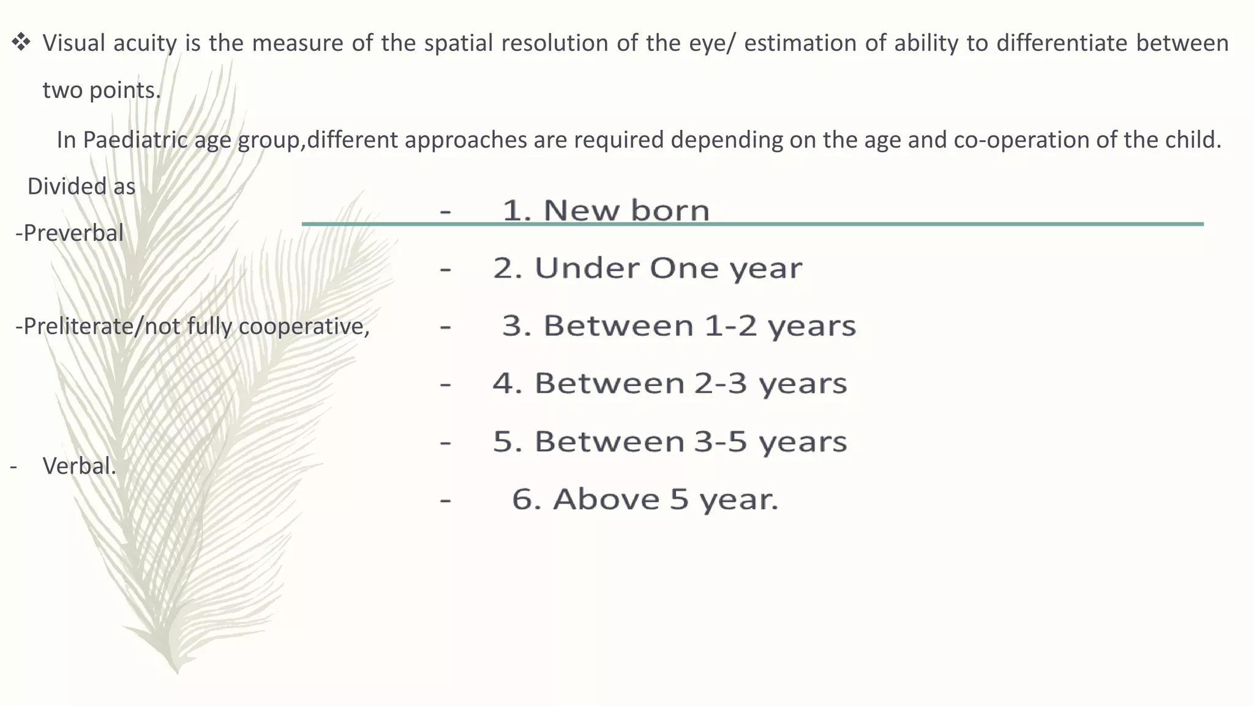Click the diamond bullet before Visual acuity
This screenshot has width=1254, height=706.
(21, 43)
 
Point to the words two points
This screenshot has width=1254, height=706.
(102, 90)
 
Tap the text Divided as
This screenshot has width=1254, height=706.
(81, 186)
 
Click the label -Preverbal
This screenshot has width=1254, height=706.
(69, 233)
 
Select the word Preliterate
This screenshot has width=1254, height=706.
(80, 326)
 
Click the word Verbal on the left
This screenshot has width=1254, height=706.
(78, 466)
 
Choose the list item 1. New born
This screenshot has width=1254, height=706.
(605, 210)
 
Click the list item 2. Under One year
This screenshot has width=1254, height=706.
(647, 268)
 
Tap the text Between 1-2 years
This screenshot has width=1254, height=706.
(699, 325)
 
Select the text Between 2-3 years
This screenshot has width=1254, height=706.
(691, 384)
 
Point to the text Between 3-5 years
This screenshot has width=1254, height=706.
(691, 441)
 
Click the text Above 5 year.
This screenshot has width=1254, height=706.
(665, 499)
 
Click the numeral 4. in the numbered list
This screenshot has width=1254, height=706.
(507, 384)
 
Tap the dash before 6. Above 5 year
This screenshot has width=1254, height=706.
(445, 500)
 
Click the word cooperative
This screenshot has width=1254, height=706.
(304, 326)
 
